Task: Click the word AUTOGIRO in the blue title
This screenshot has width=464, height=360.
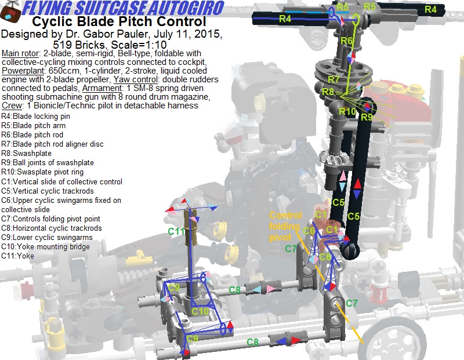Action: pyautogui.click(x=186, y=8)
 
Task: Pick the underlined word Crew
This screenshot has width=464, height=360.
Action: pyautogui.click(x=12, y=106)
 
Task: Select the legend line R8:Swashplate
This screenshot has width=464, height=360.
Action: pyautogui.click(x=26, y=153)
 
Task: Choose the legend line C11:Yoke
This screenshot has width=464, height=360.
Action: pyautogui.click(x=17, y=256)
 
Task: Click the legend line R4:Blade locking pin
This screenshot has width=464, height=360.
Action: pyautogui.click(x=35, y=117)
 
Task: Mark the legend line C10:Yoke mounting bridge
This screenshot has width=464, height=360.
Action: pyautogui.click(x=45, y=246)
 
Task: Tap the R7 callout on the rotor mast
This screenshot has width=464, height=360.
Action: pyautogui.click(x=333, y=79)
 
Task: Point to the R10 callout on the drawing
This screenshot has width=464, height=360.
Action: pyautogui.click(x=347, y=111)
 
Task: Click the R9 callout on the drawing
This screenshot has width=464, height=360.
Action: pyautogui.click(x=367, y=117)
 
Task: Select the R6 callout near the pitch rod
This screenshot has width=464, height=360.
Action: pyautogui.click(x=346, y=40)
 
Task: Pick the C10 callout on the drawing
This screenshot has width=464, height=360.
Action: pyautogui.click(x=200, y=311)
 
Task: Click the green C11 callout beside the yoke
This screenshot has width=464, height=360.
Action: pyautogui.click(x=176, y=231)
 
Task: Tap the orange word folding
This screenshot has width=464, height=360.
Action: pyautogui.click(x=284, y=226)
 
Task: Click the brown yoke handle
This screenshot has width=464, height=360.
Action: pyautogui.click(x=191, y=227)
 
